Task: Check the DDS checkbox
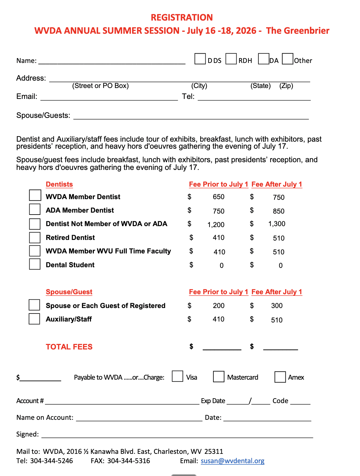(x=200, y=59)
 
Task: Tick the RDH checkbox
(x=231, y=59)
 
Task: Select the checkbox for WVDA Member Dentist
(x=35, y=195)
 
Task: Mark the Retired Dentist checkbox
(x=35, y=237)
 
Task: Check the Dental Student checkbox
(x=35, y=264)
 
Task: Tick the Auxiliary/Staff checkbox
(x=34, y=319)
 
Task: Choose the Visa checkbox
(x=177, y=376)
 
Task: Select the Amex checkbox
(x=280, y=377)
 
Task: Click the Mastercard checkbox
(x=219, y=376)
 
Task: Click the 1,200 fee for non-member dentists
(x=216, y=225)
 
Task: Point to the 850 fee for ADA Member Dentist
(x=278, y=211)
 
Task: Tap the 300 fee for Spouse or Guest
(x=276, y=305)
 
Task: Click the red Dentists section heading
(x=59, y=184)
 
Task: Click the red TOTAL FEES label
(x=69, y=347)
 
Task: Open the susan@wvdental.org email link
(x=232, y=461)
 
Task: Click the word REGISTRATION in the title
(x=182, y=17)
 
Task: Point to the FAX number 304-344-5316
(x=129, y=461)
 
